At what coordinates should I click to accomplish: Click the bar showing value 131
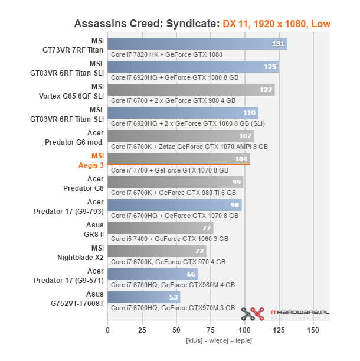coord(197,44)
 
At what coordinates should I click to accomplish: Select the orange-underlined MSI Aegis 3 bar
coord(179,159)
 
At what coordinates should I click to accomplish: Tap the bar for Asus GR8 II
coord(161,228)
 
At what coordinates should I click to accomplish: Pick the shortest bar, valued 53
coord(144,297)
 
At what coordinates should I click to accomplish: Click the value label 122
coord(266,90)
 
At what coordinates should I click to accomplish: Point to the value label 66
coord(191,274)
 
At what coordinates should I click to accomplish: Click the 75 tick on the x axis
coord(211,330)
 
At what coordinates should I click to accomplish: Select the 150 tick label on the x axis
coord(313,330)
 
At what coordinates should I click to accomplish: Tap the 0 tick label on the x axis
coord(107,330)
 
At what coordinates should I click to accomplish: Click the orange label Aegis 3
coord(91,165)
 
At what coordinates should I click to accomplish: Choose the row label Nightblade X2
coord(80,258)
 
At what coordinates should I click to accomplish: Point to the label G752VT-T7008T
coord(77,304)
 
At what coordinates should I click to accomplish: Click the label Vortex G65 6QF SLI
coord(71,96)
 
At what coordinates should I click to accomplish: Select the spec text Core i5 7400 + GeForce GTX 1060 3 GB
coord(170,239)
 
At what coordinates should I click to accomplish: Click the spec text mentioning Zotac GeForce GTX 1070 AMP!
coord(189,147)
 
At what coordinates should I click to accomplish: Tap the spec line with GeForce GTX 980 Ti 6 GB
coord(174,193)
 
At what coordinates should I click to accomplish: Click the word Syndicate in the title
coord(193,24)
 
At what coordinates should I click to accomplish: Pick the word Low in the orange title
coord(321,24)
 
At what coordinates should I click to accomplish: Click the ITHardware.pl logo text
coord(300,313)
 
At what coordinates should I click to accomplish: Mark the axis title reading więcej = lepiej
coord(231,340)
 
